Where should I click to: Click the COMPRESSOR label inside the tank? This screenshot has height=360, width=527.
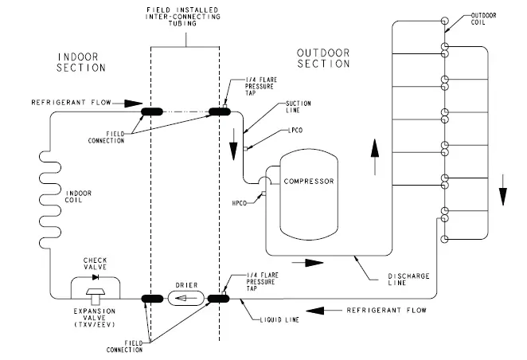tap(309, 182)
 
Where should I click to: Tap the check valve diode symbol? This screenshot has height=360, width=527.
tap(96, 277)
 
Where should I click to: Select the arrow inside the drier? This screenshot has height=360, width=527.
tap(185, 298)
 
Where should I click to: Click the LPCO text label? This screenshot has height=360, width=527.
tap(295, 131)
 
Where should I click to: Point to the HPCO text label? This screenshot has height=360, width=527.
tap(240, 203)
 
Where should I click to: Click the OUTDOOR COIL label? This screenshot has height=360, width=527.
tap(483, 19)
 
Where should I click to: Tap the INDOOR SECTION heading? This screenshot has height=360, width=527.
tap(81, 62)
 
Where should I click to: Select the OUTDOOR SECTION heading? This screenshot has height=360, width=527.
tap(323, 58)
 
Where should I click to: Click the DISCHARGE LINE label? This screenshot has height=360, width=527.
tap(408, 280)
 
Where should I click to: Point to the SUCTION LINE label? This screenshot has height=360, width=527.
tap(299, 107)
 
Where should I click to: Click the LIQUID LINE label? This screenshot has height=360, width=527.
tap(279, 320)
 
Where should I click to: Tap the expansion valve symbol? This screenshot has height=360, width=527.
tap(96, 293)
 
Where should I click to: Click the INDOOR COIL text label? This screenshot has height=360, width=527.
tap(78, 197)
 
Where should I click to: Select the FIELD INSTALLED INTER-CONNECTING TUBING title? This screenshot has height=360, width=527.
tap(183, 17)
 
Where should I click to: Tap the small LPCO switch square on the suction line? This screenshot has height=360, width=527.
tap(245, 149)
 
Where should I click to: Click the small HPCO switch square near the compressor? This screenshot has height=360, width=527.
tap(263, 194)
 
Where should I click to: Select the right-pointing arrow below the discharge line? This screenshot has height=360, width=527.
tap(307, 263)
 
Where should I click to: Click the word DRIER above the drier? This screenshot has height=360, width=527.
tap(186, 285)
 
